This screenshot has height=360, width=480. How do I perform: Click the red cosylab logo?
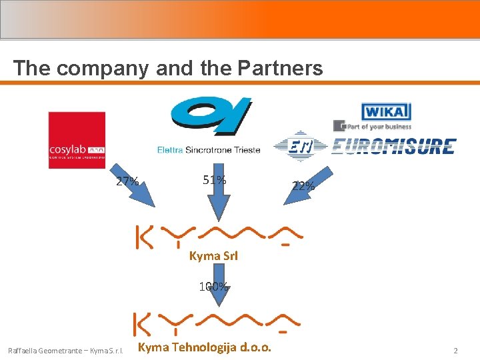(77, 139)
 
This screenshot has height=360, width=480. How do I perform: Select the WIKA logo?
(386, 111)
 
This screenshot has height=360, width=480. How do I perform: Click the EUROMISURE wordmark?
(393, 147)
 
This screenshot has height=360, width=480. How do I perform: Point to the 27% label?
(127, 181)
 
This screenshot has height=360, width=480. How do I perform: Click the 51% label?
(214, 180)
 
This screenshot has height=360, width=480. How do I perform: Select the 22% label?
(303, 186)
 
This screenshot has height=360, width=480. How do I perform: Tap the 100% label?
(213, 287)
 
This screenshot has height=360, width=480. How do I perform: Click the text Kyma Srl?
(214, 255)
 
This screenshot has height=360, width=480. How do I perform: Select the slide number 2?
(455, 350)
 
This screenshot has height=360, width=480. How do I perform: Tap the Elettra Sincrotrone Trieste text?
(209, 149)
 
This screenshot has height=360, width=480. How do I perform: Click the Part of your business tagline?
(377, 125)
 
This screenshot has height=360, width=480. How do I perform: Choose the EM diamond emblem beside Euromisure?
(301, 147)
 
